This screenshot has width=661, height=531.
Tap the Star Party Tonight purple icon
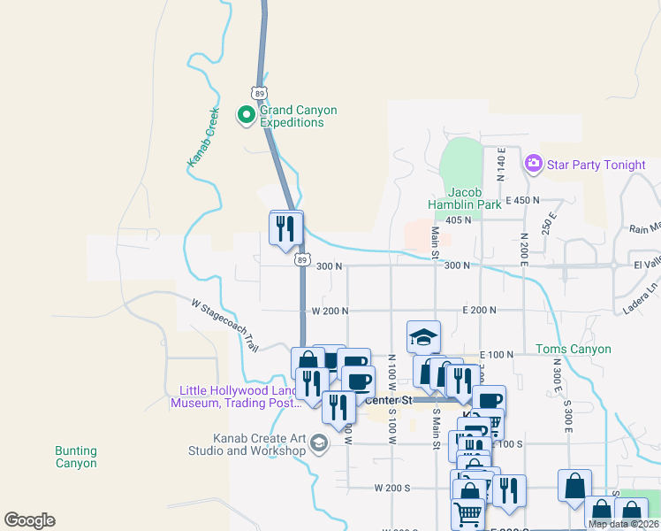[x=533, y=163]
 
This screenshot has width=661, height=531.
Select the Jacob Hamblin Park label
[x=475, y=198]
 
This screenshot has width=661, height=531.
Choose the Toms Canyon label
[x=574, y=349]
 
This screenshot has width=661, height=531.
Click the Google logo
[x=29, y=520]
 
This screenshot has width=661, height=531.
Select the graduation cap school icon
[x=424, y=337]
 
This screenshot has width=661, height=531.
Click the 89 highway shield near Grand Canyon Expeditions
[x=258, y=93]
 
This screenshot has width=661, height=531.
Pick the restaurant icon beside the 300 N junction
[x=285, y=227]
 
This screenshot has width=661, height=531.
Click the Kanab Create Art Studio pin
[x=320, y=442]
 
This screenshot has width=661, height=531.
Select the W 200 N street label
[x=330, y=311]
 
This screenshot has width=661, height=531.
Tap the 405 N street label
[x=459, y=219]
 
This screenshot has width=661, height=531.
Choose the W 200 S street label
[x=392, y=488]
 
